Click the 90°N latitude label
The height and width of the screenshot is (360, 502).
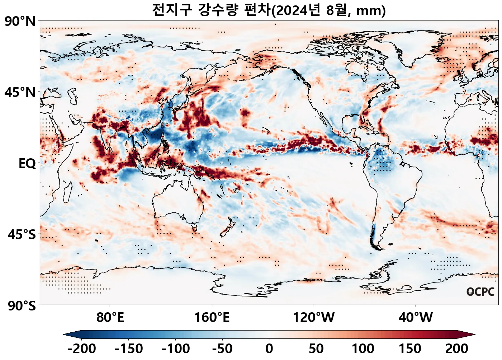coord(20,22)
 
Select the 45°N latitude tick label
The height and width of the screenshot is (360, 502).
coord(20,93)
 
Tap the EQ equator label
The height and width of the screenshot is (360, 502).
coord(27,164)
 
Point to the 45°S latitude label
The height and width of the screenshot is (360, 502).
coord(22,235)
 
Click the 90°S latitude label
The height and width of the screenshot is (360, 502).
coord(22,306)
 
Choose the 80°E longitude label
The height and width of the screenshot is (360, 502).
coord(110,318)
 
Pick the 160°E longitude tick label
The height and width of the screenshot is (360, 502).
coord(212,318)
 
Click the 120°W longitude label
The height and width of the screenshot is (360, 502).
coord(314,318)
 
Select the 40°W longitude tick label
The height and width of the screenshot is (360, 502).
coord(416,318)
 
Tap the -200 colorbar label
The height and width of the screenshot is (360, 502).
coord(82,349)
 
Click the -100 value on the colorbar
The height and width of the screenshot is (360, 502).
coord(176,349)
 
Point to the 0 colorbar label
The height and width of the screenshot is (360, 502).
coord(269,349)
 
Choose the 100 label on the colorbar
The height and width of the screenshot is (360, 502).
coord(363,349)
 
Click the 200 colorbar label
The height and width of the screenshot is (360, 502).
coord(457,349)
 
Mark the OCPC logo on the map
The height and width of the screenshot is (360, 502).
coord(480,292)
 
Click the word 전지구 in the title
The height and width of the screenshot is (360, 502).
coord(172,10)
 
